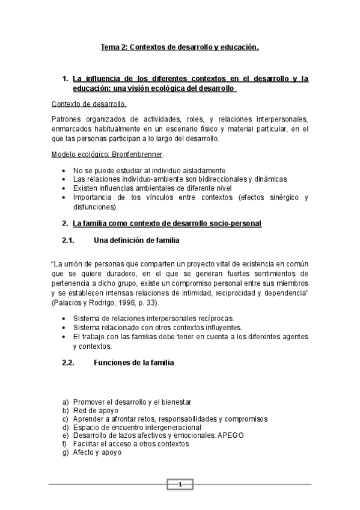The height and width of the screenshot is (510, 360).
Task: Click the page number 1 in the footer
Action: click(180, 485)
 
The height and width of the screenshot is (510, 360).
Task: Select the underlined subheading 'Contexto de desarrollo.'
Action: click(89, 103)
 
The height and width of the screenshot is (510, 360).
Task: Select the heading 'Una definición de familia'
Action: click(137, 241)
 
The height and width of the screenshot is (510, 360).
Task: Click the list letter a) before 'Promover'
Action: click(66, 402)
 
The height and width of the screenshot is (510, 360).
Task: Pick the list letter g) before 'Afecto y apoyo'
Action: click(66, 452)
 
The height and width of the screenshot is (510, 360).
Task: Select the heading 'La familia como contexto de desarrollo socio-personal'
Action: click(167, 224)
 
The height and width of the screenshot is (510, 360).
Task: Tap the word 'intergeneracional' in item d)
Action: click(168, 427)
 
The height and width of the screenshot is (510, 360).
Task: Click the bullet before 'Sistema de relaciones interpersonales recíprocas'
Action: click(64, 318)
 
